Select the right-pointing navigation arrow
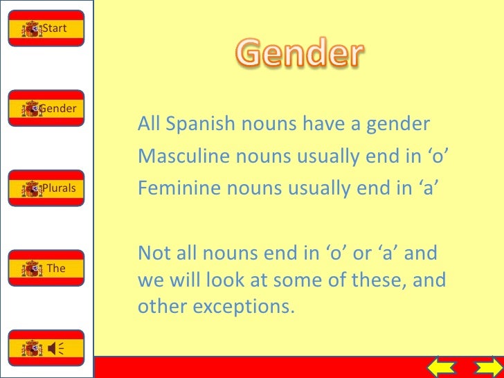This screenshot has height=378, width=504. (486, 367)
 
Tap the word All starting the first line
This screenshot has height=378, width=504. (149, 125)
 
